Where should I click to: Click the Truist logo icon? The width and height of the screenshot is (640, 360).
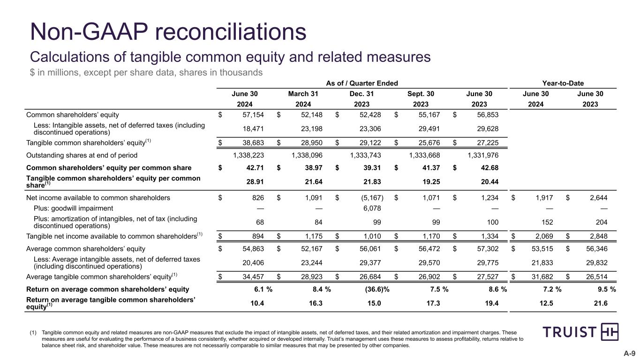pyautogui.click(x=609, y=331)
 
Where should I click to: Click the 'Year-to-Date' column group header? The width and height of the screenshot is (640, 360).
pyautogui.click(x=563, y=83)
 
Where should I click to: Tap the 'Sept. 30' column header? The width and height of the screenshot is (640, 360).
pyautogui.click(x=421, y=94)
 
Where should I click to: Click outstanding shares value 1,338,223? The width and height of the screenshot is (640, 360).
pyautogui.click(x=251, y=155)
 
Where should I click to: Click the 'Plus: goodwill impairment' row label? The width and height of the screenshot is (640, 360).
pyautogui.click(x=73, y=208)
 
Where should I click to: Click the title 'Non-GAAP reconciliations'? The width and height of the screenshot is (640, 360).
pyautogui.click(x=168, y=32)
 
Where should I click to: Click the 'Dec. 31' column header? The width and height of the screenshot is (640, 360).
pyautogui.click(x=362, y=94)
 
